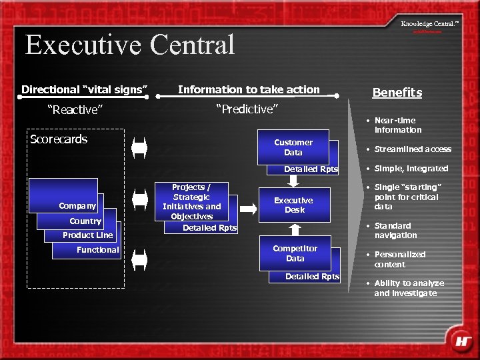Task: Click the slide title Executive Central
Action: click(x=130, y=45)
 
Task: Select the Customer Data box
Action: click(x=293, y=147)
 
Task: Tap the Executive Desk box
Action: click(x=293, y=205)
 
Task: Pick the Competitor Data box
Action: click(x=295, y=253)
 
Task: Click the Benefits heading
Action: click(x=397, y=93)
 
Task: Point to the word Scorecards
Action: click(x=59, y=139)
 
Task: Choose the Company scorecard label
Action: click(x=77, y=206)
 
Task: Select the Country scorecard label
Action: click(x=85, y=221)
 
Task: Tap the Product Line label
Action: click(x=87, y=235)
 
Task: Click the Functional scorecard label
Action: click(x=97, y=249)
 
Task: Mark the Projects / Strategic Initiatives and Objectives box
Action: click(x=191, y=201)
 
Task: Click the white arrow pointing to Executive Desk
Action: click(x=248, y=209)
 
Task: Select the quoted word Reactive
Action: click(x=73, y=110)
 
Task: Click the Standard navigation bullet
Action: click(x=395, y=230)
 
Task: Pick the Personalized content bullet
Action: click(x=399, y=259)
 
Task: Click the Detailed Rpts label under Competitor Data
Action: click(x=312, y=276)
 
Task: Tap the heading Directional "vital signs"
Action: click(x=84, y=89)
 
